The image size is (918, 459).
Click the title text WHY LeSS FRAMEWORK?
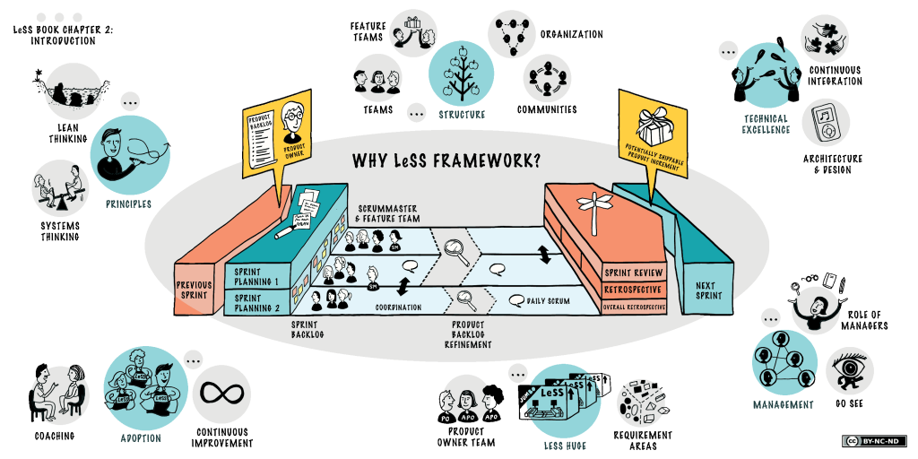(458, 160)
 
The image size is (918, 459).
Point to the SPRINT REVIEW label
(634, 272)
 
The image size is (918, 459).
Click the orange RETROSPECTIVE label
(634, 290)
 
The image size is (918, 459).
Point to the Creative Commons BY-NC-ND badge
(874, 441)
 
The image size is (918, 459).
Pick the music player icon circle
(826, 122)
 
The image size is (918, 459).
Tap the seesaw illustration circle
(61, 187)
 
